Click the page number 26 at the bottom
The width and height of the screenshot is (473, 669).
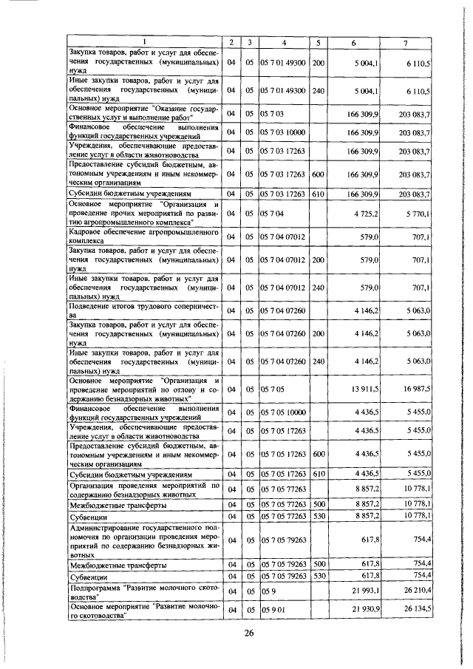[249, 633]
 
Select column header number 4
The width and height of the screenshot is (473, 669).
[283, 42]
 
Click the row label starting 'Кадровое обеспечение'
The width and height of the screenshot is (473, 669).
[142, 236]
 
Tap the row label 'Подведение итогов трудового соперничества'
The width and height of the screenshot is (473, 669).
[142, 310]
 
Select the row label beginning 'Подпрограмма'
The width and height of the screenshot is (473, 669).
[142, 591]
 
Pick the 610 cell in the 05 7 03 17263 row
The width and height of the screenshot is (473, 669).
[319, 194]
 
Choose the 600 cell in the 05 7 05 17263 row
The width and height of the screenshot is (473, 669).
[319, 453]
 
